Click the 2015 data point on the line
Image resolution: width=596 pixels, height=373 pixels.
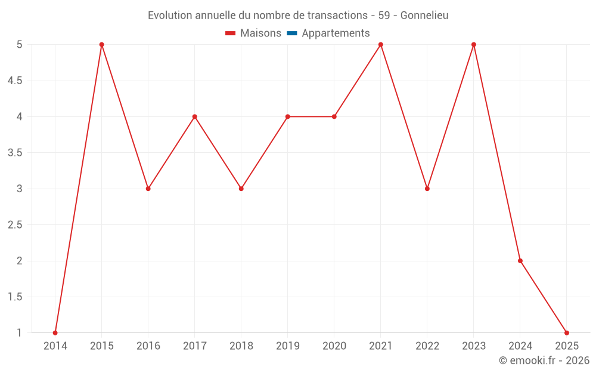(102, 45)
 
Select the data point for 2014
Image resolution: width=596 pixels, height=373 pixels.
(55, 333)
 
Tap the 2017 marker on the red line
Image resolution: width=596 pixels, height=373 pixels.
(195, 116)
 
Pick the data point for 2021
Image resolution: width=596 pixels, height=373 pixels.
(381, 45)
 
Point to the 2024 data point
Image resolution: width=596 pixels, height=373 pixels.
(520, 261)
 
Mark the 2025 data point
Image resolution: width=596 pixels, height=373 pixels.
(567, 333)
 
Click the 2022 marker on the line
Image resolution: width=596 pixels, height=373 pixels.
(427, 189)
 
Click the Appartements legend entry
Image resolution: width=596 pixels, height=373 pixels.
(336, 33)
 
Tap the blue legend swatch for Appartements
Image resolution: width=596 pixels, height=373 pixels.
(291, 33)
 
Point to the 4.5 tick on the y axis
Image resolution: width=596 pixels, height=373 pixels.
(15, 81)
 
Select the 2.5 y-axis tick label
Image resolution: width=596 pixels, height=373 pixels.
(15, 225)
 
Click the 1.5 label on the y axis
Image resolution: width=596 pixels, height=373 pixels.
(15, 297)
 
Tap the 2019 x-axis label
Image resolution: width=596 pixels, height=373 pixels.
(288, 346)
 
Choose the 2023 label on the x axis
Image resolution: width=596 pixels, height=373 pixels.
(474, 346)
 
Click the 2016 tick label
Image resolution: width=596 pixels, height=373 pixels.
(148, 346)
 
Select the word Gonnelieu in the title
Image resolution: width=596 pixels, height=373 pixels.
(424, 15)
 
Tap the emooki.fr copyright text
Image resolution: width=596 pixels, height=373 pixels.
(544, 360)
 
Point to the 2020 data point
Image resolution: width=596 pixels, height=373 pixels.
(334, 116)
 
